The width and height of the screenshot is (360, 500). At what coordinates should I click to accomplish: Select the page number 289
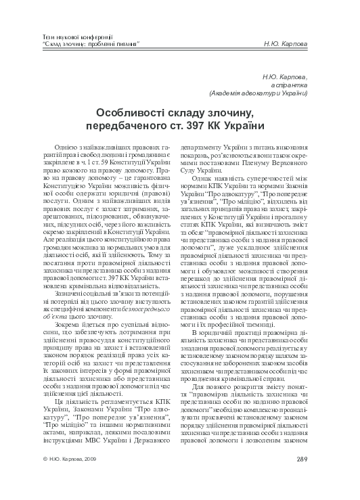[x=321, y=477]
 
